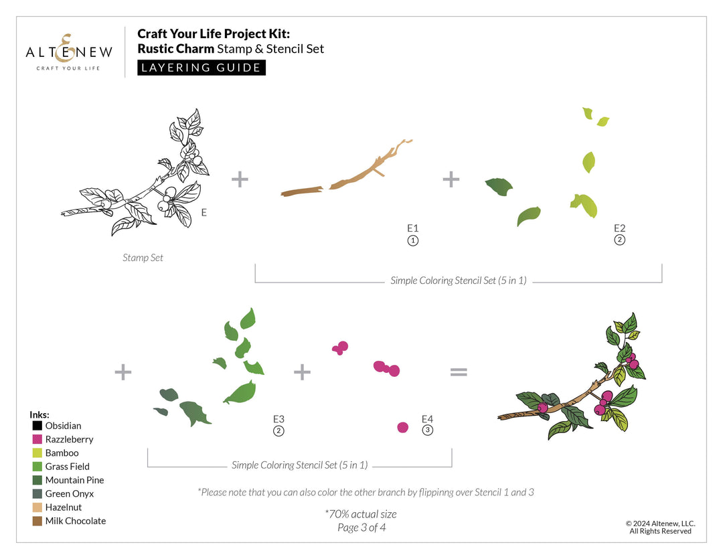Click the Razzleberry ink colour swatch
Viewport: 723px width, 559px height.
click(x=37, y=439)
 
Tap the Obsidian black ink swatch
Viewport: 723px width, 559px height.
click(x=37, y=426)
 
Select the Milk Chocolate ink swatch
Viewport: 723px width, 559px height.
click(x=37, y=522)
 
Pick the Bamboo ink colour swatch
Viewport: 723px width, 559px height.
click(x=37, y=453)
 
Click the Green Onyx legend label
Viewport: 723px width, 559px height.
click(x=69, y=493)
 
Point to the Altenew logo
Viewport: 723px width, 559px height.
click(x=69, y=52)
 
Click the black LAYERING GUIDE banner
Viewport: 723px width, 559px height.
click(x=202, y=68)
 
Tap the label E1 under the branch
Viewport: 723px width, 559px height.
click(x=412, y=228)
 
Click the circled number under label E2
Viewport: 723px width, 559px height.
click(x=620, y=240)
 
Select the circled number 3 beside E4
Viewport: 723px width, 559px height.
click(x=427, y=430)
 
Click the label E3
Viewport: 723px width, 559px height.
click(x=278, y=419)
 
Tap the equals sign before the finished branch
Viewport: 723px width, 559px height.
click(x=459, y=372)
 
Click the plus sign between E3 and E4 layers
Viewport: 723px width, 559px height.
click(x=302, y=372)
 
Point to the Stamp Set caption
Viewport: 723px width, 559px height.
click(x=143, y=258)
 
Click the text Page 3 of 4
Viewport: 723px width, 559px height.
click(x=361, y=528)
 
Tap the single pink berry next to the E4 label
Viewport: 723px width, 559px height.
click(x=402, y=428)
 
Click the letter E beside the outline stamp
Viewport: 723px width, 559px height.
click(x=204, y=213)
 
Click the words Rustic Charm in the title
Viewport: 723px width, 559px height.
click(x=175, y=49)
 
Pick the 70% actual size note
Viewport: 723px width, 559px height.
click(x=361, y=514)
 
